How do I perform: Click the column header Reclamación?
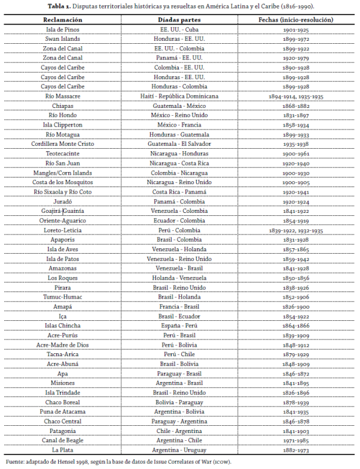click(62, 19)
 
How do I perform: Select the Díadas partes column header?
click(179, 19)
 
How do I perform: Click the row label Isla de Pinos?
click(62, 29)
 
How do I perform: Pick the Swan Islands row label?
click(62, 38)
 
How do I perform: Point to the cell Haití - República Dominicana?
click(179, 96)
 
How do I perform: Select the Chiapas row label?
click(62, 106)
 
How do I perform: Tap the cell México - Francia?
click(179, 125)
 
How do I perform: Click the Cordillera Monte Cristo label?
click(62, 144)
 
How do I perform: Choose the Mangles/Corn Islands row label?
click(62, 172)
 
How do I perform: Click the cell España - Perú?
click(179, 326)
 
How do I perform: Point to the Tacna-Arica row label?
click(62, 354)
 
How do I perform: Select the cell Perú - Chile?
click(179, 354)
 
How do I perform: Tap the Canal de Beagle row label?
click(62, 440)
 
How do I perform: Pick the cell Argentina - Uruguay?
click(179, 450)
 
